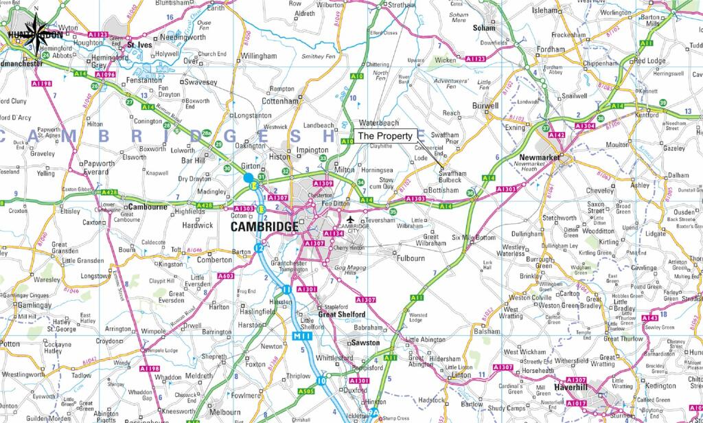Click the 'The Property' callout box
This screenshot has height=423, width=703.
coord(385,136)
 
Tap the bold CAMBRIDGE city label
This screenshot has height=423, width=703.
coord(264,227)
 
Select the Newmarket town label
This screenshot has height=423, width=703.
coord(538,157)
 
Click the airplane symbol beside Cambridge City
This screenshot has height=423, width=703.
coord(351,220)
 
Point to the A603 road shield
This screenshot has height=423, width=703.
coord(226,276)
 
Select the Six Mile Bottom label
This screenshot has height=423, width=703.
coord(473,238)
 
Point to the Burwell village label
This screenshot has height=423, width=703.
coord(485,106)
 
